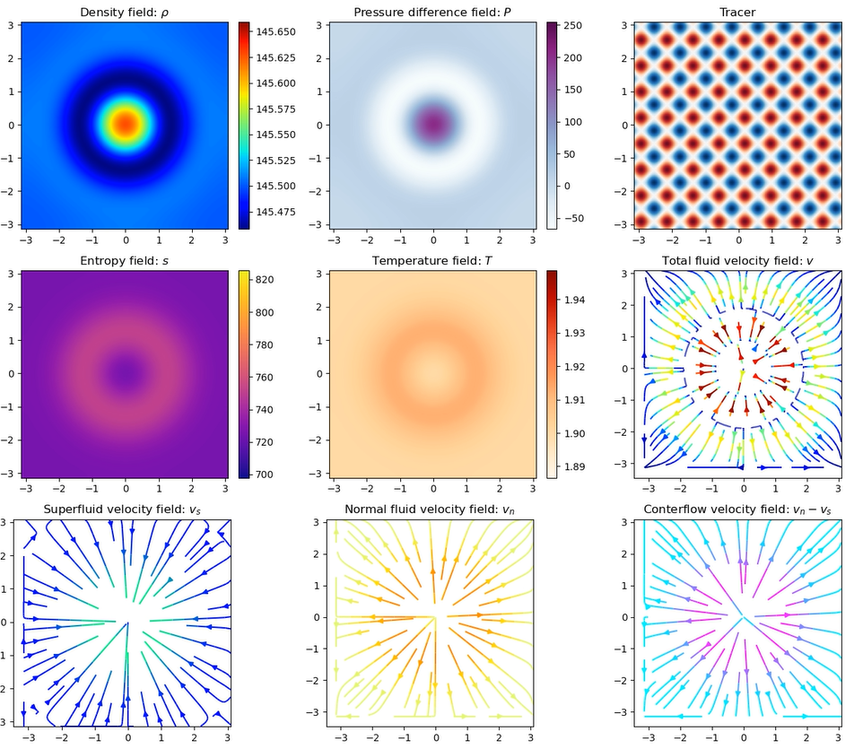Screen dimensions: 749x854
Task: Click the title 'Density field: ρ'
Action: [125, 12]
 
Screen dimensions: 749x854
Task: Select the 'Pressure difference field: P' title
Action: [433, 12]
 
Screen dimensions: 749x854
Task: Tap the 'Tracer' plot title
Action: [738, 12]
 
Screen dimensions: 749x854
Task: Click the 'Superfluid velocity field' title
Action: [125, 509]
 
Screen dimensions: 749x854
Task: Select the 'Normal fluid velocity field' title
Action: [433, 509]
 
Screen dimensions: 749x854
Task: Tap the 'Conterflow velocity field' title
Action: [738, 509]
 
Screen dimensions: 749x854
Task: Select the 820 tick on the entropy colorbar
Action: [267, 279]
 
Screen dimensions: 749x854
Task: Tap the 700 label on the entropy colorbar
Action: [267, 475]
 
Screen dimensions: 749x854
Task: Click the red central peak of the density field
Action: [125, 123]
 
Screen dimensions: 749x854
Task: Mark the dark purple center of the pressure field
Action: [433, 123]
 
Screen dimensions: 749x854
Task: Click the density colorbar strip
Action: [245, 125]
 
